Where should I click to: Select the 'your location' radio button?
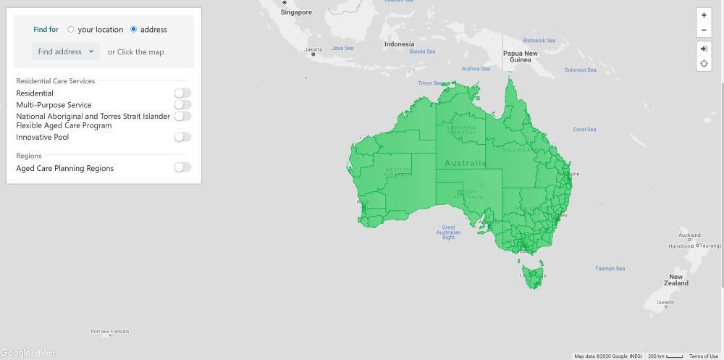(x=71, y=30)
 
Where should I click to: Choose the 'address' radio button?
(x=134, y=30)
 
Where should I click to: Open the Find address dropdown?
(x=66, y=51)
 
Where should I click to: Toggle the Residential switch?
(x=182, y=93)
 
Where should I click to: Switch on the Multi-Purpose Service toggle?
(x=182, y=104)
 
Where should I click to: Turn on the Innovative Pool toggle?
(x=182, y=137)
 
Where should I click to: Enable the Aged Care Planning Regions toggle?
(x=182, y=167)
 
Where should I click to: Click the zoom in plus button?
(x=704, y=15)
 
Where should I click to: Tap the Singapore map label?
(x=296, y=12)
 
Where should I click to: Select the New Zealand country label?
(x=675, y=280)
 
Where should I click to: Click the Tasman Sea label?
(x=610, y=268)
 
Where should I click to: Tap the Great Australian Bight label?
(x=449, y=232)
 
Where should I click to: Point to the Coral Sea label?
(x=584, y=130)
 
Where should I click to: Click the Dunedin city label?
(x=665, y=303)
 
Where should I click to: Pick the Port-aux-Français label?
(x=110, y=331)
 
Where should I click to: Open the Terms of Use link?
(x=704, y=356)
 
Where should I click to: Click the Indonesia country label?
(x=400, y=44)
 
